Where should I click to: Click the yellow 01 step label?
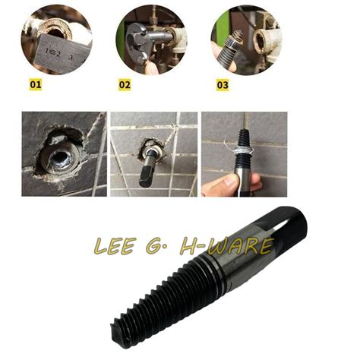pyautogui.click(x=35, y=85)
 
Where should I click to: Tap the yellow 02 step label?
pyautogui.click(x=125, y=85)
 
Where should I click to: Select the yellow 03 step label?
pyautogui.click(x=222, y=85)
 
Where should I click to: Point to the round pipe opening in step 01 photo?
pyautogui.click(x=61, y=23)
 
